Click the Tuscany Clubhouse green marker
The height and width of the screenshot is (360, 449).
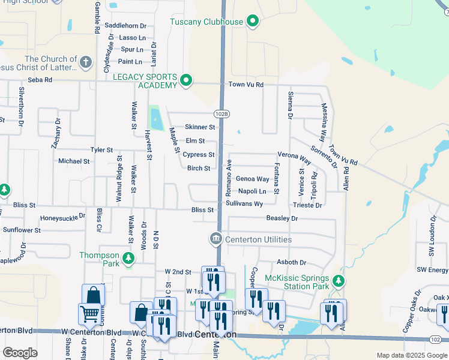click(x=253, y=22)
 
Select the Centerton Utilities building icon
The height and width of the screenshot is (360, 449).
click(x=215, y=239)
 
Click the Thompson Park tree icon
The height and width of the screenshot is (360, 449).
click(x=128, y=259)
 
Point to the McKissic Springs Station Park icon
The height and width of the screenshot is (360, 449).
click(x=339, y=281)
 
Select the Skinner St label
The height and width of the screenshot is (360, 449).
click(x=200, y=127)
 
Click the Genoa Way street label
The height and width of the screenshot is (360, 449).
click(x=252, y=179)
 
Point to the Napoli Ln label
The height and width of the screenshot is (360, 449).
click(x=252, y=191)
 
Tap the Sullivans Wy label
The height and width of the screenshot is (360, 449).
click(x=244, y=204)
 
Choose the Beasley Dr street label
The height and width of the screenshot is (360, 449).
click(x=282, y=218)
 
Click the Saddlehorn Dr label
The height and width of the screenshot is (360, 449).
click(x=125, y=26)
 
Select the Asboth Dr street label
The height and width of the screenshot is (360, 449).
click(x=291, y=263)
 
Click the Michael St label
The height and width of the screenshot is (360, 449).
click(x=74, y=161)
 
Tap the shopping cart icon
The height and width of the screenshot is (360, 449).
click(x=89, y=314)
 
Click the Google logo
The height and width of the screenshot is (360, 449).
click(x=20, y=353)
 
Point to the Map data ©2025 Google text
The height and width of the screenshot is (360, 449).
click(x=412, y=355)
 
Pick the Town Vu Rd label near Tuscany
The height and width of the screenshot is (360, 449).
click(x=246, y=85)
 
